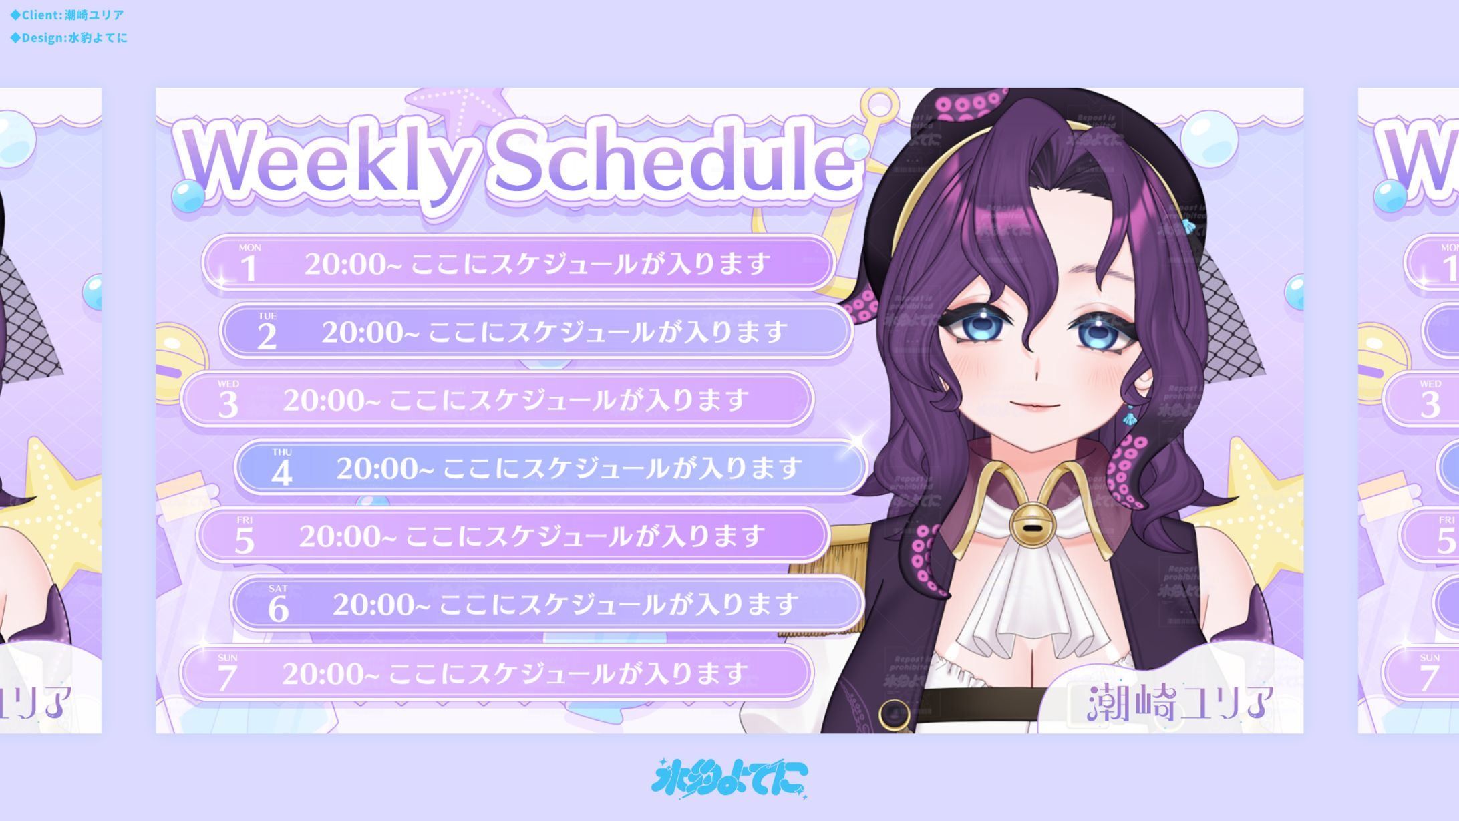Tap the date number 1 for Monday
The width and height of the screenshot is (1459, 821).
coord(249,268)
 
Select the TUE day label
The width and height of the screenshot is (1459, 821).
coord(267,316)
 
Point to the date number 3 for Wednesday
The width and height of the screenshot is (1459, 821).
coord(228,405)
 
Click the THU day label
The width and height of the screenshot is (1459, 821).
coord(282,452)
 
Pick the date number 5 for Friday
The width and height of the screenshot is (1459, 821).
coord(245,540)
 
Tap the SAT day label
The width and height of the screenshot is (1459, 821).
coord(278,589)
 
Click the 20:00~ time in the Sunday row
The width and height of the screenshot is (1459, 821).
coord(331,673)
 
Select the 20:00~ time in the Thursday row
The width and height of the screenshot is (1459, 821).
coord(385,468)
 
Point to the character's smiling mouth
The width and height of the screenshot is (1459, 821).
coord(1034,405)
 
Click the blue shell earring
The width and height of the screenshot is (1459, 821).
coord(1129,418)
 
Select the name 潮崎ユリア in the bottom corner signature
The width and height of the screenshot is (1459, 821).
coord(1180,703)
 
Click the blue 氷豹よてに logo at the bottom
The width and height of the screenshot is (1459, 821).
coord(729,778)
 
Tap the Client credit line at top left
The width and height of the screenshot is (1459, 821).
coord(67,15)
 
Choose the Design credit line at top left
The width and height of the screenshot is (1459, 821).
coord(69,38)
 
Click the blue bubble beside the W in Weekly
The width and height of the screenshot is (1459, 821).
coord(188,196)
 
